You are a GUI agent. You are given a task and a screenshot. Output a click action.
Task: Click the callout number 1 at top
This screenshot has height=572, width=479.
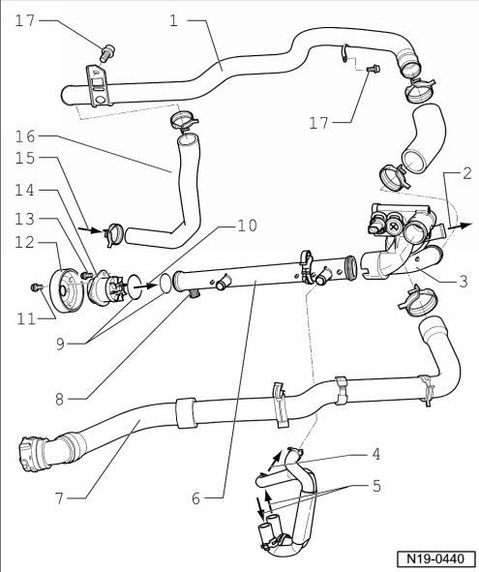tap(173, 21)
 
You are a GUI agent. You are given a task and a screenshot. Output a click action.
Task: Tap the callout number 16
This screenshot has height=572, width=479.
tap(25, 137)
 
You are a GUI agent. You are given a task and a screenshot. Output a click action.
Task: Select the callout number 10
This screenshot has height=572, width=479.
tap(248, 226)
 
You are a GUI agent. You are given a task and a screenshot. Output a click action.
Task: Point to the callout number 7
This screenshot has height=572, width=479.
tap(59, 497)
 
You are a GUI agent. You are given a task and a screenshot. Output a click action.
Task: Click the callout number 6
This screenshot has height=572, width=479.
tap(195, 498)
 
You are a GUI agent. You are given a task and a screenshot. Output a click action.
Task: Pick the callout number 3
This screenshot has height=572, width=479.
tap(463, 281)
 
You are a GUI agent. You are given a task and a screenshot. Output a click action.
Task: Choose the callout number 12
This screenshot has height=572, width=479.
tap(25, 242)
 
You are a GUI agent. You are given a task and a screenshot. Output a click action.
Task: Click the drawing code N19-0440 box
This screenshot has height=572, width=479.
tap(435, 558)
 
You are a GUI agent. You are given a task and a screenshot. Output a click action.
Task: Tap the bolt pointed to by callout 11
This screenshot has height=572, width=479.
tap(36, 287)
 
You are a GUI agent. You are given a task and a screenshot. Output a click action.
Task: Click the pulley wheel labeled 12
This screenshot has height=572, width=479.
tap(66, 290)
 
